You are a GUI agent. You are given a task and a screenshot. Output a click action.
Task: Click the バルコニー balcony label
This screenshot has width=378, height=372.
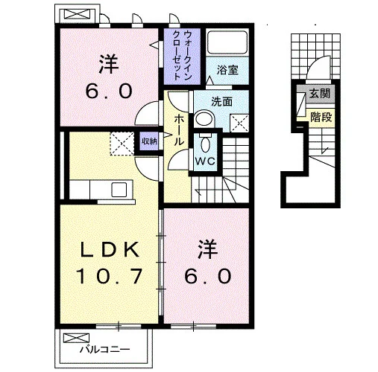(x=104, y=350)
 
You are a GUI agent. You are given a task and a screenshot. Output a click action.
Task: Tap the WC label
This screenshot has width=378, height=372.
(x=205, y=161)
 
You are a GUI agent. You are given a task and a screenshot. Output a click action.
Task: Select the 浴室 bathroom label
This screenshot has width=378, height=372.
(x=227, y=70)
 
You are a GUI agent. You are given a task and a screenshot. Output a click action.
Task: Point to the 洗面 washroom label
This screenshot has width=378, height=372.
(x=221, y=101)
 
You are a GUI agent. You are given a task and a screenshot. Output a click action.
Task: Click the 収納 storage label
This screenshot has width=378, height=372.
(x=149, y=141)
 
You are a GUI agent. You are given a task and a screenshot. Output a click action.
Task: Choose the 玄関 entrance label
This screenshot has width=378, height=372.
(x=320, y=94)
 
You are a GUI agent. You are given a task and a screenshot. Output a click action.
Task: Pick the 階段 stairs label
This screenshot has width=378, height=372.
(x=321, y=117)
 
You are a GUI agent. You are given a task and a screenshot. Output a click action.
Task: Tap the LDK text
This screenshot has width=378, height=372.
(x=109, y=249)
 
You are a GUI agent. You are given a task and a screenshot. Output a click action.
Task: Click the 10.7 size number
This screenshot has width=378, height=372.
(x=109, y=276)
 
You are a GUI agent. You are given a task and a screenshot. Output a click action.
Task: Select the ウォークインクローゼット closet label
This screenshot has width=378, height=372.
(x=183, y=55)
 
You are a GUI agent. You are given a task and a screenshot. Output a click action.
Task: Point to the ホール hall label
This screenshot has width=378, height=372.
(x=179, y=130)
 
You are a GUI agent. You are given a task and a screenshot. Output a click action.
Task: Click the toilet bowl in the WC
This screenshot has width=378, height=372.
(x=205, y=144)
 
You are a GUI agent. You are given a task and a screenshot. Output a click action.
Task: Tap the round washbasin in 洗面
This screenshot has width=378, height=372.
(x=204, y=118)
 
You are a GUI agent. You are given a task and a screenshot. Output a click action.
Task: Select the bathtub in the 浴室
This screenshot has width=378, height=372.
(x=227, y=42)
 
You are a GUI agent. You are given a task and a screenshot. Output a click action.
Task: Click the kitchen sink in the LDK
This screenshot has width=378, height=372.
(x=119, y=190)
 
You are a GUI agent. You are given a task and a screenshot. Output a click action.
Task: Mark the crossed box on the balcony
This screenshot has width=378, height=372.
(x=76, y=338)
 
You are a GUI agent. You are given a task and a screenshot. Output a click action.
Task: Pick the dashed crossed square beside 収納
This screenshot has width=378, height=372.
(x=122, y=144)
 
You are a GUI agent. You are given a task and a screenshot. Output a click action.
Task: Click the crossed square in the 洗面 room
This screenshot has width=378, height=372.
(x=239, y=124)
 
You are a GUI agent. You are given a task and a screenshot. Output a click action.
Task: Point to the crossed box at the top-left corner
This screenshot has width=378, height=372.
(x=77, y=14)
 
